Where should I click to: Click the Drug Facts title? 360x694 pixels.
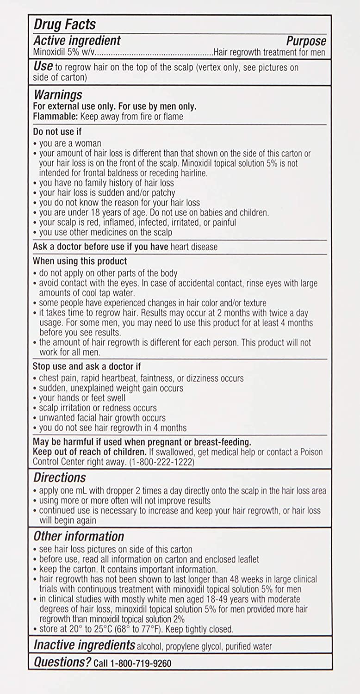64,25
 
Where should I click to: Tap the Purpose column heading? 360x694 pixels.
306,41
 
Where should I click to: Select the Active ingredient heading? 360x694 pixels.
77,41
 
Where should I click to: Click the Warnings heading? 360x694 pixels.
58,95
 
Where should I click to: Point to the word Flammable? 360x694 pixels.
51,117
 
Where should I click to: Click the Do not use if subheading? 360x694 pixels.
57,132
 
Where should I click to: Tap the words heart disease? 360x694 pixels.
194,247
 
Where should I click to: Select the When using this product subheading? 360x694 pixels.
80,261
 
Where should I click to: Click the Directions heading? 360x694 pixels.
60,477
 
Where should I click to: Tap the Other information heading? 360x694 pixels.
79,536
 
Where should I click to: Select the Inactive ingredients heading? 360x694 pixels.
84,645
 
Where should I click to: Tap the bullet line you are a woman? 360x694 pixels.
70,143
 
